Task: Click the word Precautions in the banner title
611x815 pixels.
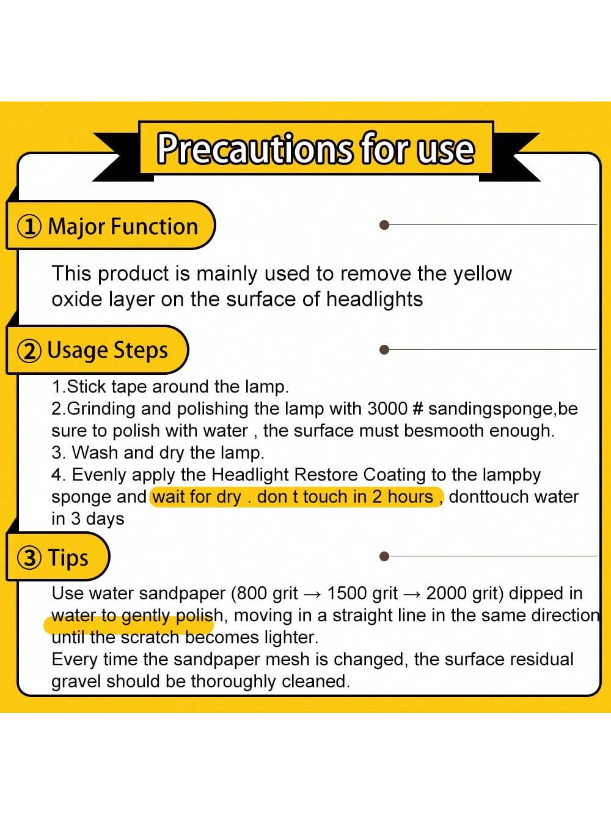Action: coord(254,149)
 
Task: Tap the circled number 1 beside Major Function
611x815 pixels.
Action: coord(30,226)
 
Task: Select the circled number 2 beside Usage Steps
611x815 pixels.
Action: coord(30,351)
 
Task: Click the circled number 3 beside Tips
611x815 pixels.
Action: coord(30,558)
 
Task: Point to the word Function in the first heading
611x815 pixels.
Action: coord(154,226)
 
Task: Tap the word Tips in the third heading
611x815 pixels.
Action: coord(68,558)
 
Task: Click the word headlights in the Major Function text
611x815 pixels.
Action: coord(375,299)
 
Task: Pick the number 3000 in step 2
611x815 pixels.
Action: coord(387,409)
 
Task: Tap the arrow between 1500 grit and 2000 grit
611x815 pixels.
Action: coord(412,594)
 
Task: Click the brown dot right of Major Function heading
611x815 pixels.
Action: coord(385,224)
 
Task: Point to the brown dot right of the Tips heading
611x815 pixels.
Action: coord(385,556)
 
